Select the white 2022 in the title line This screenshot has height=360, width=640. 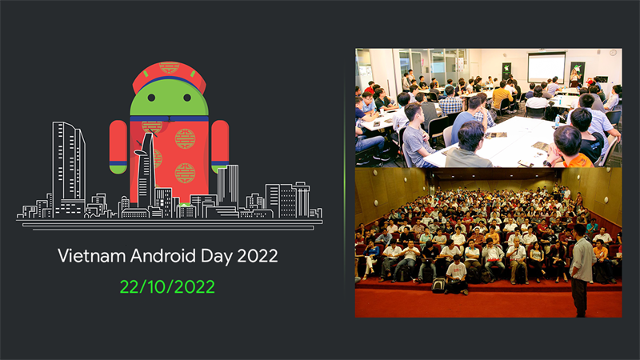(254, 256)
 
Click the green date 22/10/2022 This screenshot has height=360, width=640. (168, 286)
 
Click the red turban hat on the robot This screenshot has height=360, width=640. (169, 74)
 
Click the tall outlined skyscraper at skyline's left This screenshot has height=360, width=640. (68, 168)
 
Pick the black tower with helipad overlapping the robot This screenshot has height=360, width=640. (145, 172)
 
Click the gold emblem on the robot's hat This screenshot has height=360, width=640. (169, 68)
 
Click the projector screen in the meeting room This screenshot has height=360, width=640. (546, 66)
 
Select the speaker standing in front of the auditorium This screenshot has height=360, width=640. (582, 268)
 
